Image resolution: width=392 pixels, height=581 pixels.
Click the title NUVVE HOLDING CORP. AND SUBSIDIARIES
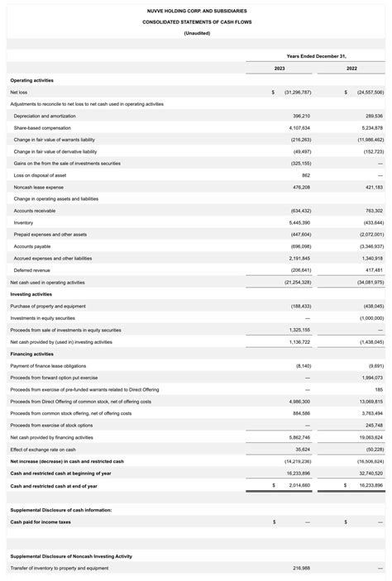pyautogui.click(x=196, y=11)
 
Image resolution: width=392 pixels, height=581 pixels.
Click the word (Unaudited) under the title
pyautogui.click(x=196, y=33)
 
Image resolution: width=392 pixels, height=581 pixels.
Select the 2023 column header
pyautogui.click(x=280, y=68)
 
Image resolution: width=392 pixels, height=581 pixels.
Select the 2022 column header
pyautogui.click(x=351, y=68)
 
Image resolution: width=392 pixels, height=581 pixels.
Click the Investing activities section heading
pyautogui.click(x=31, y=294)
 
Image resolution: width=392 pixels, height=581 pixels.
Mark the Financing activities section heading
pyautogui.click(x=32, y=354)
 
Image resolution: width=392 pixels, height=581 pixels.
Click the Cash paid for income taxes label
pyautogui.click(x=41, y=521)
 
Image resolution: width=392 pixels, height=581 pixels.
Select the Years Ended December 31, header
pyautogui.click(x=315, y=55)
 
